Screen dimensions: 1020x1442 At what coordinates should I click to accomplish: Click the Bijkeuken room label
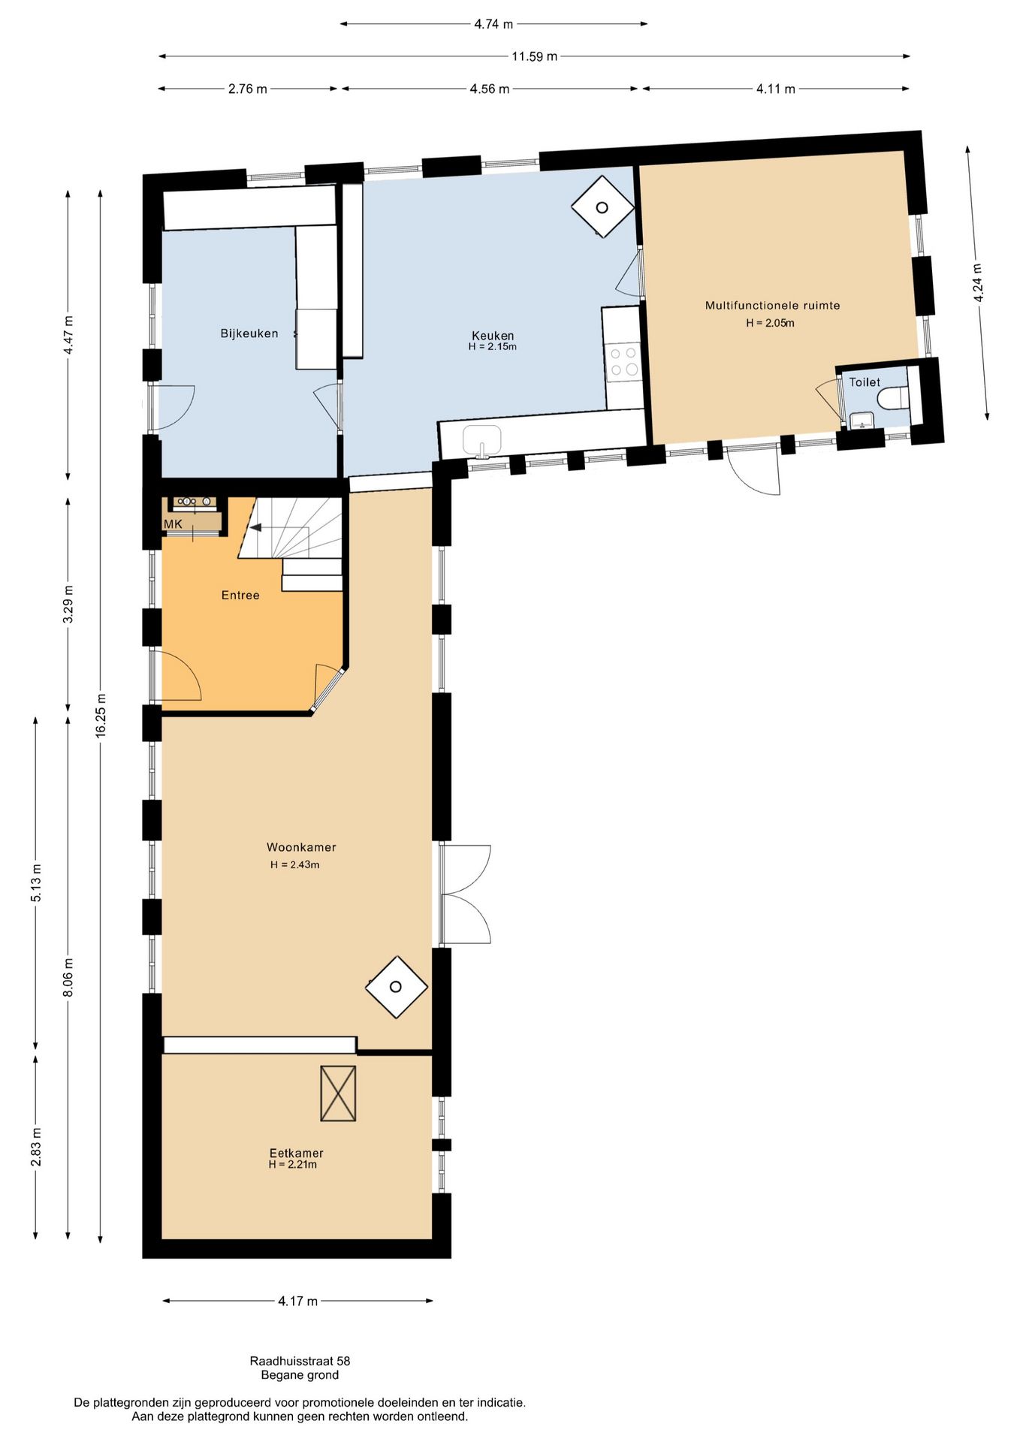point(249,333)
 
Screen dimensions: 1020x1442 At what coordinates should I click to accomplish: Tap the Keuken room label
point(493,335)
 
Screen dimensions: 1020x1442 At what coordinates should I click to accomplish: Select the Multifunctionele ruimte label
point(772,306)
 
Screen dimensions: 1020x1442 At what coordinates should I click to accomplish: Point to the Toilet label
point(865,382)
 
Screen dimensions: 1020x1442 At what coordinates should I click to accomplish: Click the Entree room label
point(240,595)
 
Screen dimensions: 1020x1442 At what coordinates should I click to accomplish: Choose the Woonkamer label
point(301,847)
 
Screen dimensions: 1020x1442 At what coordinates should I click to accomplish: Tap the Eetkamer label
point(297,1152)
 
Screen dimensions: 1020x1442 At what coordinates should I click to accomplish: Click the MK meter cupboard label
point(173,524)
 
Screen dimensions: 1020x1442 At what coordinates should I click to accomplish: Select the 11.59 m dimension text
point(535,56)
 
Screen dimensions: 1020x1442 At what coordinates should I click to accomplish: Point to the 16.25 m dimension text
point(101,716)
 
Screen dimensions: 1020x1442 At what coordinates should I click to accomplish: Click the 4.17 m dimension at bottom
point(297,1301)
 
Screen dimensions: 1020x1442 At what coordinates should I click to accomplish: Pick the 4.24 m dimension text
point(977,283)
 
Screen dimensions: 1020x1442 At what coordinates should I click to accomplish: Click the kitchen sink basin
point(481,439)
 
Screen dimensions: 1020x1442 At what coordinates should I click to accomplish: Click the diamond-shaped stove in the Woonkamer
point(397,987)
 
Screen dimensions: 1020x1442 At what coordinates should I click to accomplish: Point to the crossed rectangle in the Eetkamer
point(338,1094)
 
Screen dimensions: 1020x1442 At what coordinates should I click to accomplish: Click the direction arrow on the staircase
point(256,528)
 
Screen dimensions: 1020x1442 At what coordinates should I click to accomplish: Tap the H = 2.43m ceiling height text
point(295,864)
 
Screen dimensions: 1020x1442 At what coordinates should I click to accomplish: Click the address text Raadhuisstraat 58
point(300,1361)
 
